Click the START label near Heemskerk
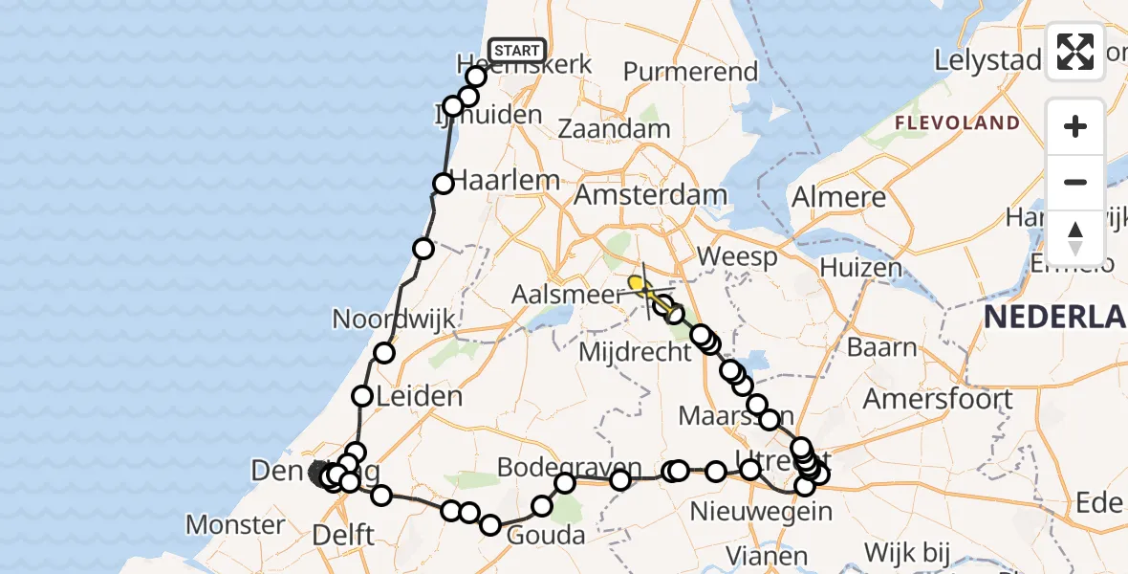pos(517,50)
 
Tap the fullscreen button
pos(1075,52)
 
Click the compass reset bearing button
pos(1075,238)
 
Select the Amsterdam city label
pos(650,196)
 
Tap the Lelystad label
pos(987,59)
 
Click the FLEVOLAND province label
pos(957,123)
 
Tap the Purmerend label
pos(690,72)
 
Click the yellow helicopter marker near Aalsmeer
pos(637,283)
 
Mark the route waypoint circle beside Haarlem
pos(444,184)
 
